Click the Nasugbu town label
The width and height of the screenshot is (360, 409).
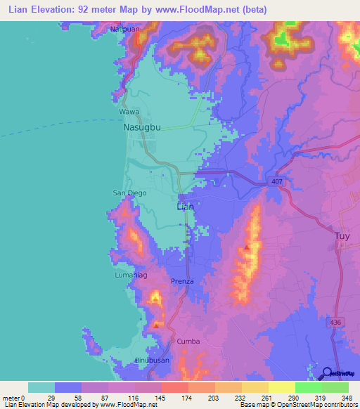click(142, 129)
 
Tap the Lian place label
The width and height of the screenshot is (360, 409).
click(184, 207)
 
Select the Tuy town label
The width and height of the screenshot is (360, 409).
click(341, 237)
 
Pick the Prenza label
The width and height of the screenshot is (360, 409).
click(182, 281)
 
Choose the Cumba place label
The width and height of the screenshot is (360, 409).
click(188, 342)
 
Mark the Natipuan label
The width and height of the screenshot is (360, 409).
click(125, 30)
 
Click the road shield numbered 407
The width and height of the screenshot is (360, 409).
click(275, 182)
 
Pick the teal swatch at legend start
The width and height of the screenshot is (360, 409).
click(41, 387)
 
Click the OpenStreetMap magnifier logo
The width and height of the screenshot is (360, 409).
click(326, 372)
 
